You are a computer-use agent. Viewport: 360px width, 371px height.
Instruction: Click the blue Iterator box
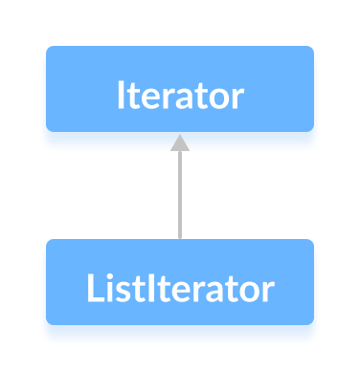(x=180, y=88)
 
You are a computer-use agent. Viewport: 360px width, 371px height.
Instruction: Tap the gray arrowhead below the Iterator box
(x=180, y=142)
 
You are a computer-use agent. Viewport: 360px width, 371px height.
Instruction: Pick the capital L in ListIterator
(x=93, y=288)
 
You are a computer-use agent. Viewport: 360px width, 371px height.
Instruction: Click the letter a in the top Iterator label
(x=191, y=100)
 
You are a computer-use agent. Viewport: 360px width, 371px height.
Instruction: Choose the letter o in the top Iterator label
(x=219, y=100)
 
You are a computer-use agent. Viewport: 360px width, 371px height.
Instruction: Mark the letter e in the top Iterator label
(x=154, y=100)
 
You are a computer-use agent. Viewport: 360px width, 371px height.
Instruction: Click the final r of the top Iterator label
(x=237, y=100)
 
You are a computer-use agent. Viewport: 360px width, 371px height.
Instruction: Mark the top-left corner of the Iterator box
(x=48, y=48)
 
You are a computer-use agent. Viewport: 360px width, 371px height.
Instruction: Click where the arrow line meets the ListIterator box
(x=180, y=239)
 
